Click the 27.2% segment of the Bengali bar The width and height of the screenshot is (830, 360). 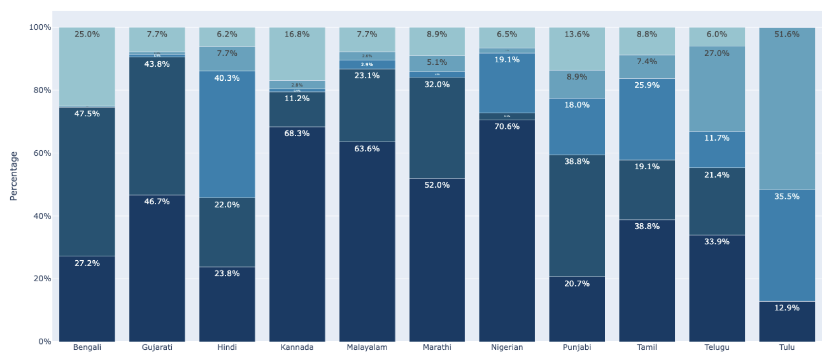tap(87, 298)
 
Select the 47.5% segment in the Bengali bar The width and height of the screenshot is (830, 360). tap(87, 181)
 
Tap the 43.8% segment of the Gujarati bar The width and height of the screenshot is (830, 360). tap(157, 126)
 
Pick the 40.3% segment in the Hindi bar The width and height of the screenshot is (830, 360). tap(227, 134)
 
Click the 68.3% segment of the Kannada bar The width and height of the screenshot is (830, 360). tap(297, 234)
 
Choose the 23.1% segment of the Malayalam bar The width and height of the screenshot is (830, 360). tap(367, 105)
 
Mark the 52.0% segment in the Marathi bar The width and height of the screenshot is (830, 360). tap(437, 260)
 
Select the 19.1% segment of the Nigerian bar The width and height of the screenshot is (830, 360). tap(507, 83)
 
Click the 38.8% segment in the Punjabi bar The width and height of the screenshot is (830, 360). tap(577, 216)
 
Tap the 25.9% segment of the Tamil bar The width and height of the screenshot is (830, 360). tap(647, 119)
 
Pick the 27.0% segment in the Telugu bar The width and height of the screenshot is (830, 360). tap(717, 89)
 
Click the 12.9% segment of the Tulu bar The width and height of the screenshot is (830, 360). tap(787, 321)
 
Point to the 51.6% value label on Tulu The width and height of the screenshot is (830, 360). tap(787, 34)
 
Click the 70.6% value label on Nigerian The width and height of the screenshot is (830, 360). tap(507, 126)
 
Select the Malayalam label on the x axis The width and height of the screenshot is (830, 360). tap(367, 347)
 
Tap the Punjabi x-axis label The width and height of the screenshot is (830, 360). tap(577, 347)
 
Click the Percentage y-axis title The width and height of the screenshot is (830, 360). tap(14, 176)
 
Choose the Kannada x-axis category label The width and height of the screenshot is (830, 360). tap(297, 347)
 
